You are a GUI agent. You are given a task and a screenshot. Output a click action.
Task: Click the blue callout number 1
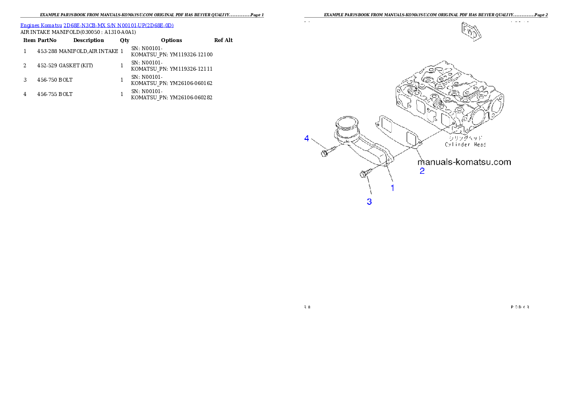pyautogui.click(x=393, y=188)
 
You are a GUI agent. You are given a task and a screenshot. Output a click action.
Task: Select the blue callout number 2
pyautogui.click(x=422, y=170)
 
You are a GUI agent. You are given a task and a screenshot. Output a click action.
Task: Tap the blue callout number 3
pyautogui.click(x=369, y=202)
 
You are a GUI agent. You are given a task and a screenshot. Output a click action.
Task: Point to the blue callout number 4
pyautogui.click(x=307, y=138)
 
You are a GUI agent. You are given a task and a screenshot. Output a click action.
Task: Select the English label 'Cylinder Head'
pyautogui.click(x=465, y=144)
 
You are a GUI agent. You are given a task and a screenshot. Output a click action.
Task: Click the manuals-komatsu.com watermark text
pyautogui.click(x=464, y=162)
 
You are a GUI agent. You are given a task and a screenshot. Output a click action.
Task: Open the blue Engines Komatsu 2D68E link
pyautogui.click(x=97, y=25)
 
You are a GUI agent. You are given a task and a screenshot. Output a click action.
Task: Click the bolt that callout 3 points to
pyautogui.click(x=364, y=174)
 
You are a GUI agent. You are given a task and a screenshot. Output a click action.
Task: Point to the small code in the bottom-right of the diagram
pyautogui.click(x=520, y=307)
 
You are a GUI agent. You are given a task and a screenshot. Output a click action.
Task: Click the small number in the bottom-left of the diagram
pyautogui.click(x=307, y=307)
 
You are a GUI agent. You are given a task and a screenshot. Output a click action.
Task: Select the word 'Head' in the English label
pyautogui.click(x=478, y=144)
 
